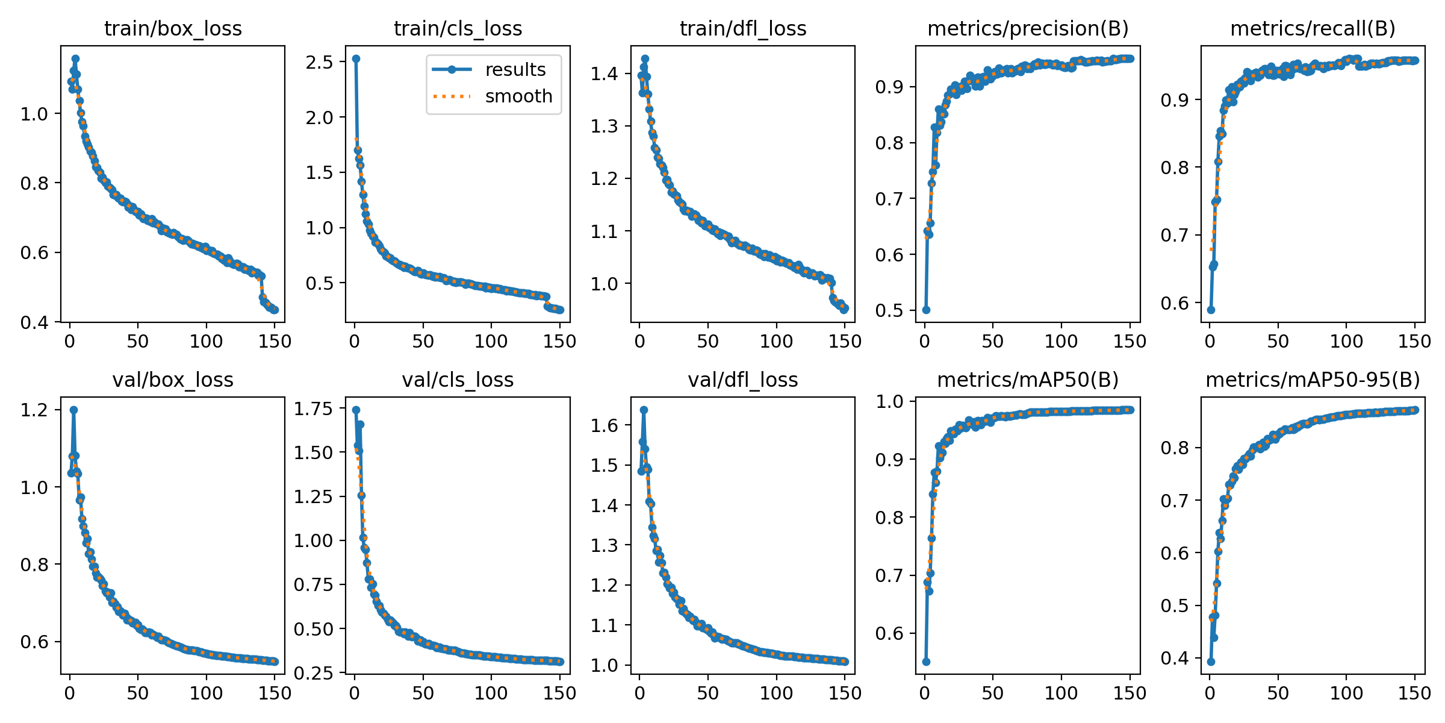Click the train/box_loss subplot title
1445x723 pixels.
point(173,29)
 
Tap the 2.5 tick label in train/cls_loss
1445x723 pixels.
point(320,62)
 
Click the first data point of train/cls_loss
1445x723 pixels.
point(356,59)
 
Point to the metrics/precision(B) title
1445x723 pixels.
point(1028,29)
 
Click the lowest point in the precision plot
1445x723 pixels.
point(926,310)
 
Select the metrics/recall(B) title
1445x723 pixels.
point(1313,29)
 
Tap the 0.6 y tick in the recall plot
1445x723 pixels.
point(1175,303)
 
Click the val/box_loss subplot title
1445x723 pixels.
point(173,380)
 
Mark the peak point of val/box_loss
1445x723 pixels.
point(73,410)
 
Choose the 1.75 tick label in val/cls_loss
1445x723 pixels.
point(313,409)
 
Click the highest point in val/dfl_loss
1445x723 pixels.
point(644,410)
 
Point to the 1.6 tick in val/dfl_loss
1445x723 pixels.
point(604,425)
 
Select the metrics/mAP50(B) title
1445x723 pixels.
point(1028,380)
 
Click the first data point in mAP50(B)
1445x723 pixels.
point(926,662)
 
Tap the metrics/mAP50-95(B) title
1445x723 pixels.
point(1313,380)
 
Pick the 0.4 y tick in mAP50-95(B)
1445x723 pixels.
point(1175,658)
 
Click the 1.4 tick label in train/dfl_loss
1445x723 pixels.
point(604,74)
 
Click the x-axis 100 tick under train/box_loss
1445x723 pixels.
point(206,342)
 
